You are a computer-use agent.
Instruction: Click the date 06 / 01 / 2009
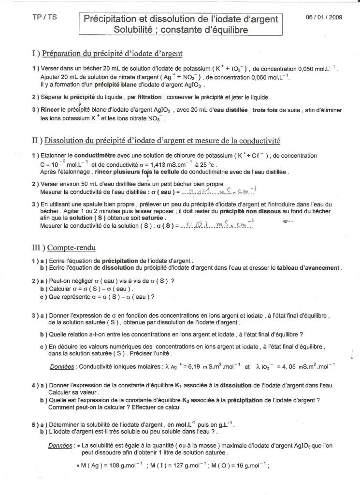click(324, 17)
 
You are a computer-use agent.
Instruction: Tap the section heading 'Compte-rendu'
click(70, 247)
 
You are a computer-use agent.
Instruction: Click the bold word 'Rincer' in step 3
click(51, 110)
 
